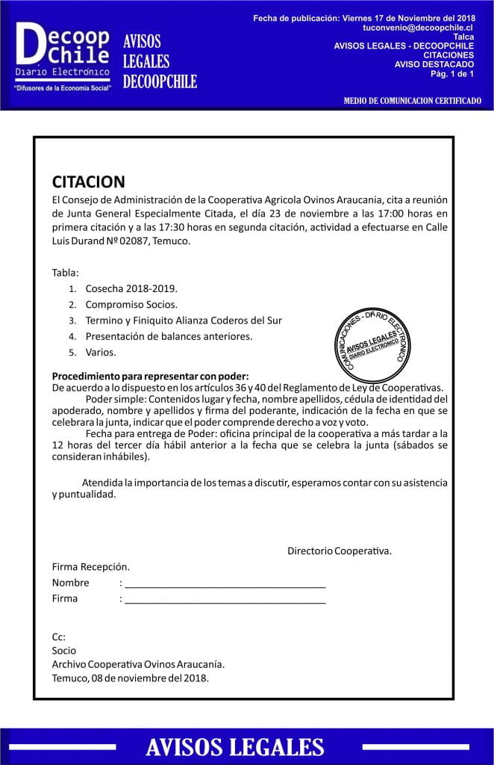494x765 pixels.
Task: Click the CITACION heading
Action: (88, 182)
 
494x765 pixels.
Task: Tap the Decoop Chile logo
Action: (63, 52)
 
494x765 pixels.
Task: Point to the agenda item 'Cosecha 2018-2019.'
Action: (131, 288)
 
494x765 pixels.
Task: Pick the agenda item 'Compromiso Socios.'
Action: (131, 304)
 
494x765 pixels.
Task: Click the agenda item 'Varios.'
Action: (101, 352)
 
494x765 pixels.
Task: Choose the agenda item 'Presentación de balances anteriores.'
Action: (169, 336)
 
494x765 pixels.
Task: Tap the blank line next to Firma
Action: (225, 600)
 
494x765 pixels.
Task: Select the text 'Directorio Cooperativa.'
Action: (340, 551)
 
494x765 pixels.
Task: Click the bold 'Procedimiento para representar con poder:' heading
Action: (150, 375)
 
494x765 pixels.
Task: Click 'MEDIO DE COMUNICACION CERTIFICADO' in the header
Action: (412, 101)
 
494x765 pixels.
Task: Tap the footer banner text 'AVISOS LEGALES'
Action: (235, 747)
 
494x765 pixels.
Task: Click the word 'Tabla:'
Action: (65, 272)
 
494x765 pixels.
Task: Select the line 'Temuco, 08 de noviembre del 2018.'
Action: (131, 678)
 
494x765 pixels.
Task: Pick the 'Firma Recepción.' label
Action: (90, 567)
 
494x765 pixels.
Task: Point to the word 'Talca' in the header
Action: (463, 36)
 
